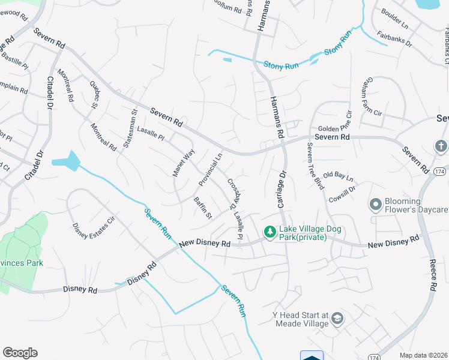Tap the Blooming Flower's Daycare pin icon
376,205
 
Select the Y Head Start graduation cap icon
337,319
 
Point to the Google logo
20,353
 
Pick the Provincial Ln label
211,168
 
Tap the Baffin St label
203,207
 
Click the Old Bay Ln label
338,178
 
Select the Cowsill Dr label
343,192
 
